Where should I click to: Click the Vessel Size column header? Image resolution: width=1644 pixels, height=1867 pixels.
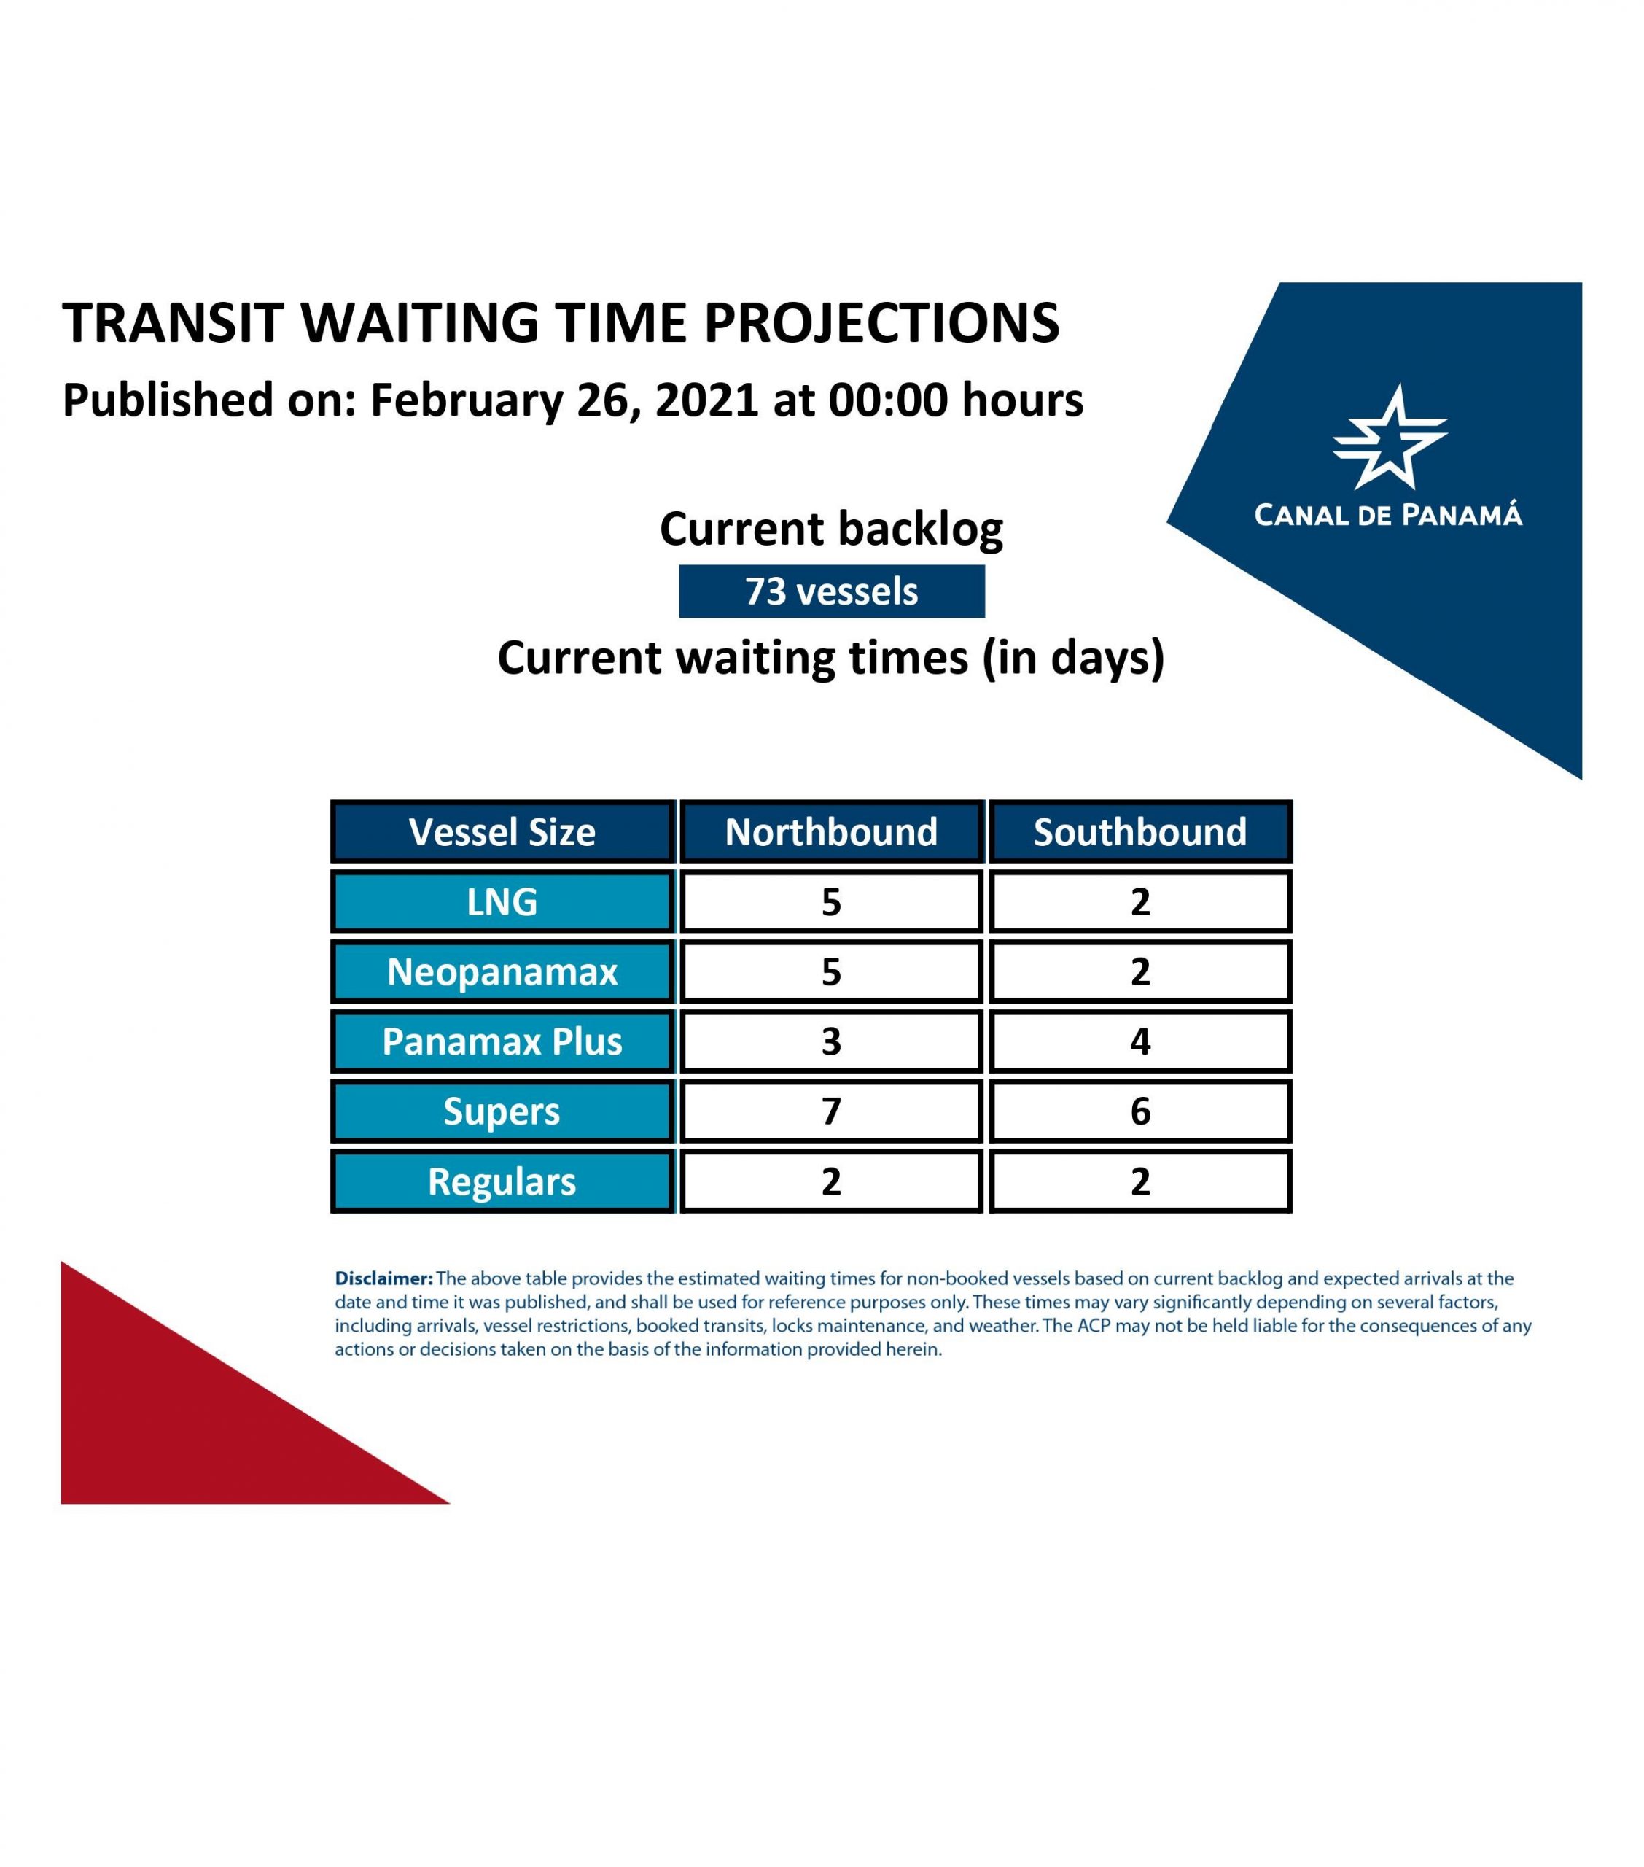pos(502,831)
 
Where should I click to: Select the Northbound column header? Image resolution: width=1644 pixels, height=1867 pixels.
pos(831,831)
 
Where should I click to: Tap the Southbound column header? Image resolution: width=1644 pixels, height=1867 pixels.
pos(1139,831)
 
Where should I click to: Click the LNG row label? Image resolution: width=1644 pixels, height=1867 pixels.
pos(502,901)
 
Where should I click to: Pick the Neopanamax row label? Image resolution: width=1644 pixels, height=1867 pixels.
pos(502,971)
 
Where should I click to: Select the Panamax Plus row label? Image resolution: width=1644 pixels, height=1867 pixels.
pos(502,1041)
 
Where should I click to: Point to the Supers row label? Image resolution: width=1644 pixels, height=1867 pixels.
pos(502,1111)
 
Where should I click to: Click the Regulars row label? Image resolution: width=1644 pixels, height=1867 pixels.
pos(502,1181)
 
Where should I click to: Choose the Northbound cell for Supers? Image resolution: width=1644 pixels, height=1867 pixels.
pos(831,1111)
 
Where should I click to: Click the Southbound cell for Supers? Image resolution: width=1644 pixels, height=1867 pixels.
pos(1139,1111)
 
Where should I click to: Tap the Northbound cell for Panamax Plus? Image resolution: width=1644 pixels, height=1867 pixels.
pos(831,1041)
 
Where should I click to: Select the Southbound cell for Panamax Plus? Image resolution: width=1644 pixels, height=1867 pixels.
pos(1139,1041)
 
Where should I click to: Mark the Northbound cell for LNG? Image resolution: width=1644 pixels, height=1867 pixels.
pos(831,901)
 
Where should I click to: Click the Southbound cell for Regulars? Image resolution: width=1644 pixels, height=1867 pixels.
pos(1139,1181)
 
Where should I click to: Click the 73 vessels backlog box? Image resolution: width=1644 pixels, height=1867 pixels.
pos(831,591)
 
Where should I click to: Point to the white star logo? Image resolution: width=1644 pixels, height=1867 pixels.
pos(1390,437)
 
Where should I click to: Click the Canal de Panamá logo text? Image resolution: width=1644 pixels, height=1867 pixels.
pos(1388,514)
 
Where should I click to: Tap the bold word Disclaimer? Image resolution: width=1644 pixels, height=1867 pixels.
pos(383,1278)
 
